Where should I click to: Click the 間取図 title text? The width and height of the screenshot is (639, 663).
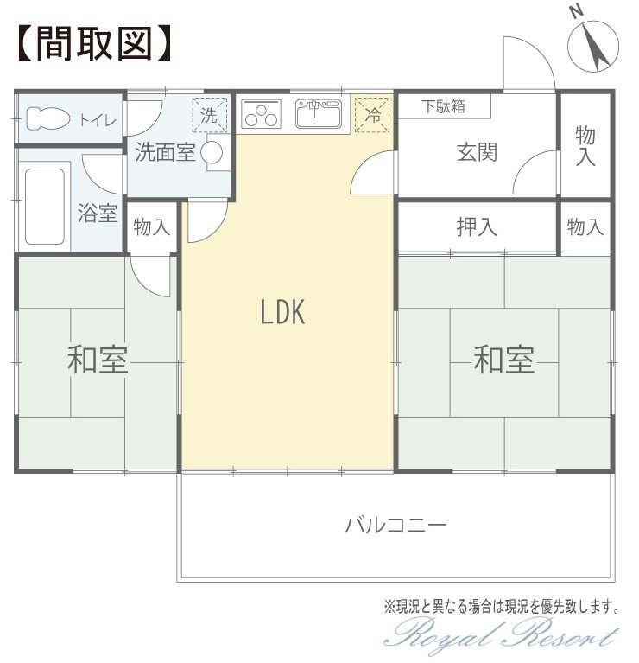[95, 43]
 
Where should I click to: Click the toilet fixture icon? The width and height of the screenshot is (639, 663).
[47, 118]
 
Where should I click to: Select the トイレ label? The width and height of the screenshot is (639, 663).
[98, 120]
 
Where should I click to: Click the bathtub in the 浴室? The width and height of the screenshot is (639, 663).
[45, 207]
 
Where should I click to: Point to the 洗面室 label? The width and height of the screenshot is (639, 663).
[165, 152]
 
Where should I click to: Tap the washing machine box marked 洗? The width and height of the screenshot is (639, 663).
[210, 115]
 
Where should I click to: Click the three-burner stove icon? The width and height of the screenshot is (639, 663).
[261, 114]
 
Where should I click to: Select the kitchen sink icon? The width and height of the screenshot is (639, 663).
[319, 114]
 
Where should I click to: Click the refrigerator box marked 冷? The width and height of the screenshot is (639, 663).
[372, 115]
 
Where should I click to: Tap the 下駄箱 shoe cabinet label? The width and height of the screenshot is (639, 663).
[444, 106]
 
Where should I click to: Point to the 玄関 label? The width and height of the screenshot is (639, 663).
[477, 152]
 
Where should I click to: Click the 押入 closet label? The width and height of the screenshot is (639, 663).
[477, 227]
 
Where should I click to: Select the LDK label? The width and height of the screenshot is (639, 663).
[282, 312]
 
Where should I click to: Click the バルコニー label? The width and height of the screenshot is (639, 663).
[395, 526]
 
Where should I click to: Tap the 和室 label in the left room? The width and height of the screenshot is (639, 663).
[98, 360]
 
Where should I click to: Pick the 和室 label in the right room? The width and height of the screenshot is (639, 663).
[503, 360]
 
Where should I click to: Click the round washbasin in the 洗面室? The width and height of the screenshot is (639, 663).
[212, 153]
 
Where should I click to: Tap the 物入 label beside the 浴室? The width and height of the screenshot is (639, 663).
[152, 227]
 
